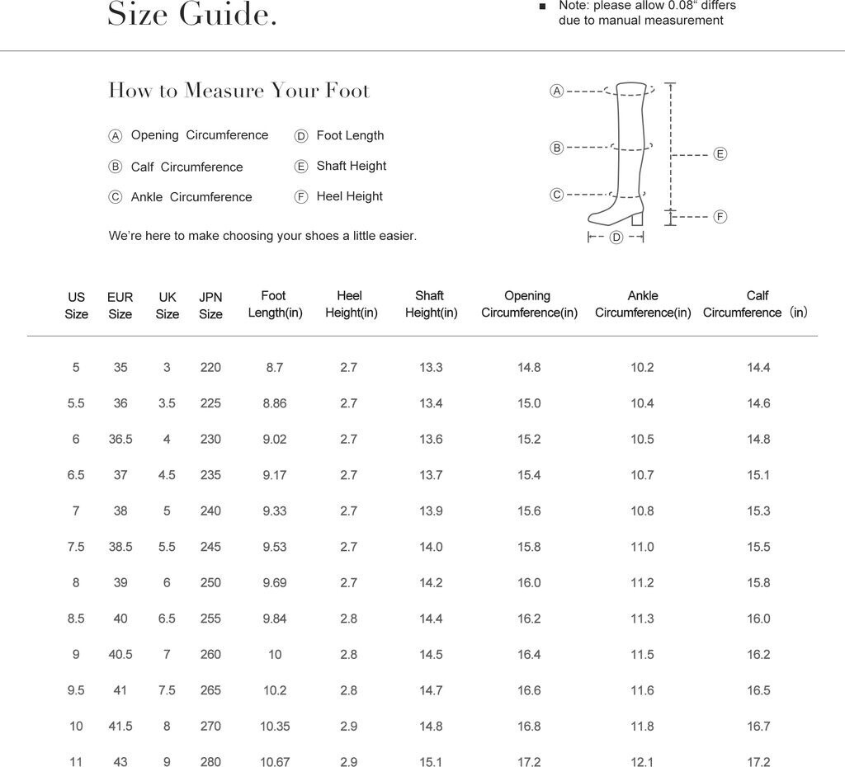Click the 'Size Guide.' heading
coord(192,14)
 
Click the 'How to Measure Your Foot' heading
coord(239,91)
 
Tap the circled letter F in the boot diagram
coord(720,217)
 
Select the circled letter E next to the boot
coord(720,154)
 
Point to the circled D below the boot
coord(616,238)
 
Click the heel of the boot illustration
coord(636,218)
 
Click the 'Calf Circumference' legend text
coord(186,167)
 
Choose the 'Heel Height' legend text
coord(349,196)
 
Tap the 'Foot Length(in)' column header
coord(275,304)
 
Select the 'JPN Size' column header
coord(210,305)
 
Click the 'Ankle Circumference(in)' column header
coord(643,304)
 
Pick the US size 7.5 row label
coord(76,547)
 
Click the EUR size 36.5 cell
coord(120,440)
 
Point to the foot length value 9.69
coord(275,583)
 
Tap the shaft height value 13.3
coord(431,368)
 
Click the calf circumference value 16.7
coord(758,727)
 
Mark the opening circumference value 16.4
coord(529,655)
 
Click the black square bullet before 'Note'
coord(542,7)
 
